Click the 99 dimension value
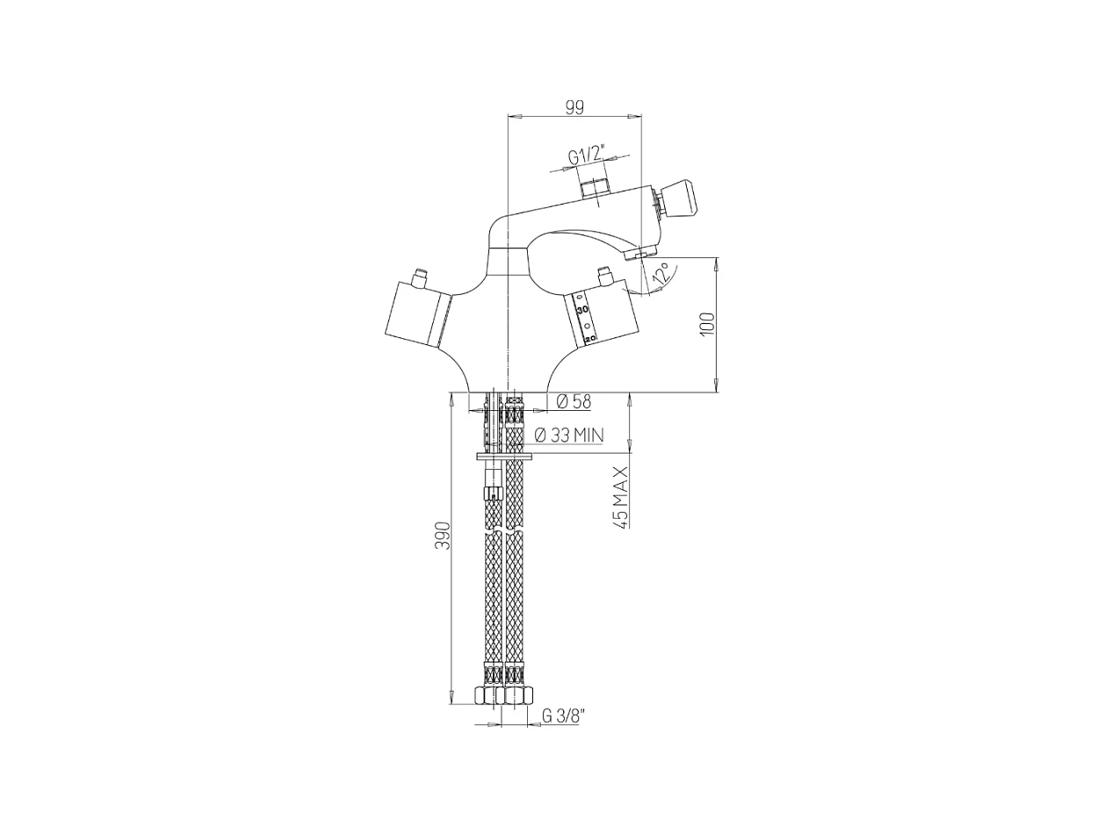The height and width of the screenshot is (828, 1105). pos(574,107)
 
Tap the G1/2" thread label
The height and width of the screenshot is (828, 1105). pos(586,156)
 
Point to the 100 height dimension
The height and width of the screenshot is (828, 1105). pos(708,324)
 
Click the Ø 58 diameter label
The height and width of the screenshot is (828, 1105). pos(574,402)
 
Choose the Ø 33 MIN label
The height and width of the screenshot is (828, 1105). pos(568,435)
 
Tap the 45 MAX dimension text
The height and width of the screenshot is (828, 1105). pos(620,497)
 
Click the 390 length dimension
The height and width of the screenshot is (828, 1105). pos(444,536)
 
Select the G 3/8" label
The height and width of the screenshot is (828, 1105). pos(562,716)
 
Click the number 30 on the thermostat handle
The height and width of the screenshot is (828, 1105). pos(582,311)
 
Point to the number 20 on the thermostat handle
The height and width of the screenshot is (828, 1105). pos(590,337)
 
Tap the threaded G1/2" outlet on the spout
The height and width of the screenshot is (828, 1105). pos(596,188)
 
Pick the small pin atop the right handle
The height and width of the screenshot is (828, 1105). pos(604,277)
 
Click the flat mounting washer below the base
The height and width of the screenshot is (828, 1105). pos(505,457)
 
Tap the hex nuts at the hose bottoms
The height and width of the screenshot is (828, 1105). pos(504,695)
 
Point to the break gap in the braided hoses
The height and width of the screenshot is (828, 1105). pos(504,529)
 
